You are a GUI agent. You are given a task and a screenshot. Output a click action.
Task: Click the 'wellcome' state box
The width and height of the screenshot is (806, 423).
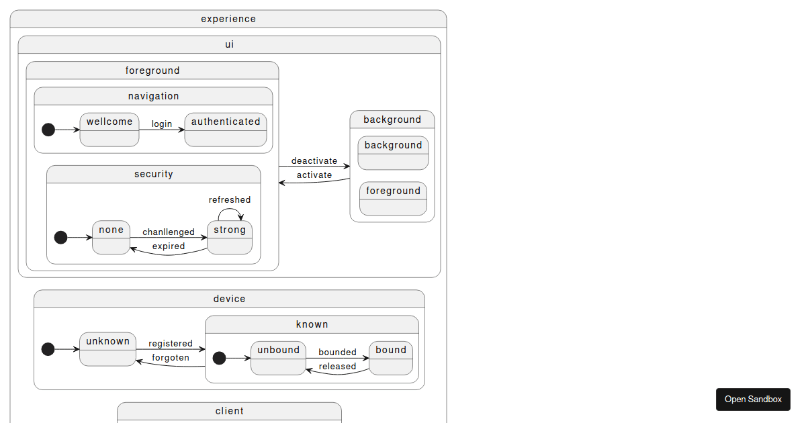click(109, 130)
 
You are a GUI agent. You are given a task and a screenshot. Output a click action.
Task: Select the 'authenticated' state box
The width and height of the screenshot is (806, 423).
click(226, 130)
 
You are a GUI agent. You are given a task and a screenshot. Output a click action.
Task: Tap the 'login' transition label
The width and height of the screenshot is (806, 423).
click(162, 124)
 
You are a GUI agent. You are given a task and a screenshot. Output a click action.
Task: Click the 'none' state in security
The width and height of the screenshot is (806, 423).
click(111, 237)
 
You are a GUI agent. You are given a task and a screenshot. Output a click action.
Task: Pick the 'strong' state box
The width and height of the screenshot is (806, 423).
click(230, 237)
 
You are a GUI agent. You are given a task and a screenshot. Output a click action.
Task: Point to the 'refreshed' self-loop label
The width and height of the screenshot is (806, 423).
click(230, 199)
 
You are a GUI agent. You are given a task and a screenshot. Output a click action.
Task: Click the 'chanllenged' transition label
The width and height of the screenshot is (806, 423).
click(169, 232)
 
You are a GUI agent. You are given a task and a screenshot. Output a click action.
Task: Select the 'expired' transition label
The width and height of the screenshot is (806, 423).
click(169, 246)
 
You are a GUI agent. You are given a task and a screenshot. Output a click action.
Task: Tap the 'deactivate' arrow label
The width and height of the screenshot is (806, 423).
click(314, 160)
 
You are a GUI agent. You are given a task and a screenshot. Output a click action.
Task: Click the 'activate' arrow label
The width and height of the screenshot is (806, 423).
click(314, 175)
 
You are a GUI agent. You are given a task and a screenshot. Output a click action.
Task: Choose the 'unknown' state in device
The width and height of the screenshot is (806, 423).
click(107, 348)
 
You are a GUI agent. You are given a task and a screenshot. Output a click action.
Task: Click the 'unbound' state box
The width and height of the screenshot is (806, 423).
click(279, 357)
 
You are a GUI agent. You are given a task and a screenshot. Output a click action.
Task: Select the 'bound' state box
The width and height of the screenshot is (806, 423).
click(391, 357)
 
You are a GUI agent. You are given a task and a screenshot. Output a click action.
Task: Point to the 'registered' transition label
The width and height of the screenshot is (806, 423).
click(171, 343)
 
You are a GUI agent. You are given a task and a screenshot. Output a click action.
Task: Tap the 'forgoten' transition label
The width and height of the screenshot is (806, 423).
click(171, 357)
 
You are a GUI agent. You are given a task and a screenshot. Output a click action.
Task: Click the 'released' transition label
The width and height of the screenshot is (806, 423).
click(337, 366)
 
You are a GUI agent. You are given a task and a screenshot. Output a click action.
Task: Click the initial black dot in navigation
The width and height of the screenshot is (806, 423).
click(48, 130)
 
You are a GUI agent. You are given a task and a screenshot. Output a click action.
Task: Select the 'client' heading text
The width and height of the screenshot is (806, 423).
click(230, 411)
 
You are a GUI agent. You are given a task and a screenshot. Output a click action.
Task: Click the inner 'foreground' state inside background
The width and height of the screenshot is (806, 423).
click(393, 198)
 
